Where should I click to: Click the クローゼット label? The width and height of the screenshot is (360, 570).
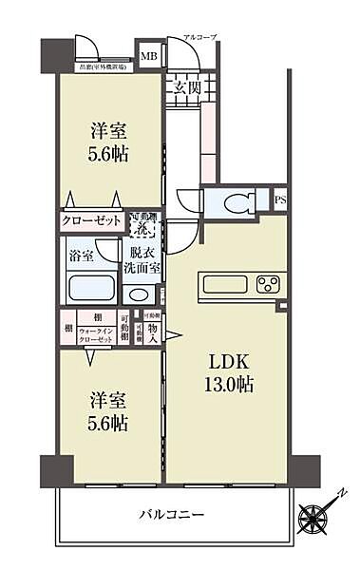tap(92, 219)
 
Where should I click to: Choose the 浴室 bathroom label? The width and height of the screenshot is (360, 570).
tap(80, 256)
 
